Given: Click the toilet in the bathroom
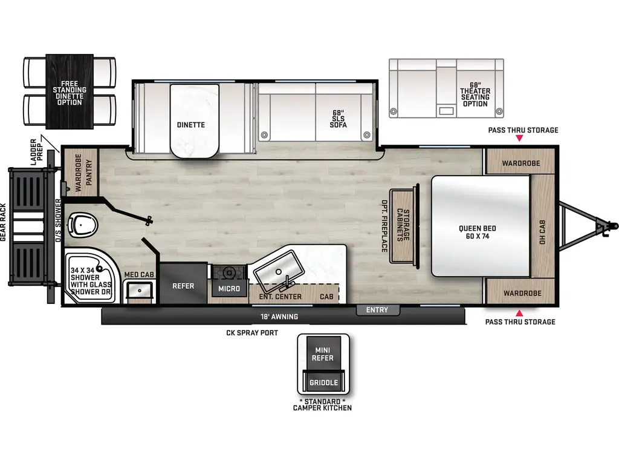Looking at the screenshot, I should [x=83, y=225].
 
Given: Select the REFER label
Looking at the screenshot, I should [x=183, y=286].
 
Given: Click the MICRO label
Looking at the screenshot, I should [x=229, y=289].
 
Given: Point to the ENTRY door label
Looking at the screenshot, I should [x=377, y=311].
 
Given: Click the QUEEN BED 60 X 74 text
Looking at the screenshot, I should [x=477, y=232].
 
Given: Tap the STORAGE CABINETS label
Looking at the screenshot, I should [x=403, y=226].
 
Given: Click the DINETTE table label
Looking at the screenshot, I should [x=190, y=125].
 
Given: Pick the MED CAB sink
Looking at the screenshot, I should [x=140, y=291].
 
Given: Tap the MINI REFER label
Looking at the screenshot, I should [x=322, y=354].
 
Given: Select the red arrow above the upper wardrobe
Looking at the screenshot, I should [x=519, y=139].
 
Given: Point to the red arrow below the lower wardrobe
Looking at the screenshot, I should [x=519, y=313].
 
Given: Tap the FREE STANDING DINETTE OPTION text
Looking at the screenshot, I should [x=70, y=93].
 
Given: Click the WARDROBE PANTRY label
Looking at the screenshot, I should [x=83, y=171].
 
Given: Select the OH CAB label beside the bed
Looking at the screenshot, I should [x=542, y=232].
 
